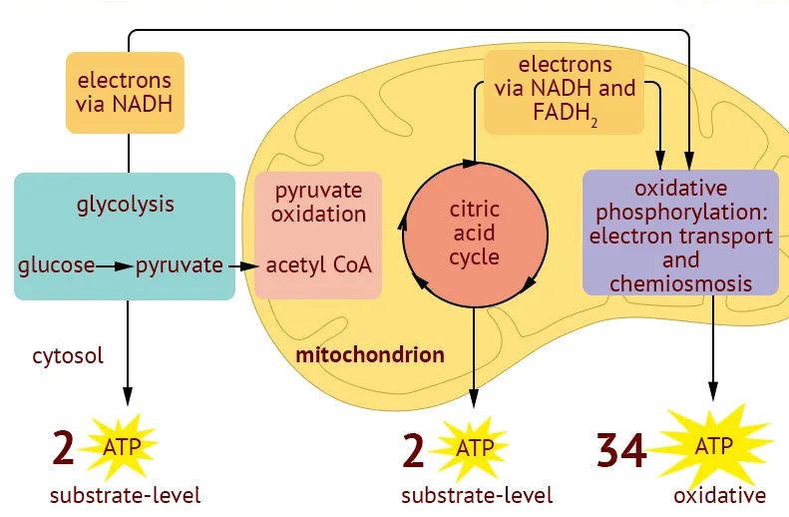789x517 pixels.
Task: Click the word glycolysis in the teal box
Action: pos(125,205)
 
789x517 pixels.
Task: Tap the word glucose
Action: pos(56,265)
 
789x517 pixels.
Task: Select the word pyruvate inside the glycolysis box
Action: pos(180,265)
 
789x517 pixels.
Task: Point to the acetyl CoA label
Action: pos(318,265)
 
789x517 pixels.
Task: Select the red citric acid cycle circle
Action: pos(475,233)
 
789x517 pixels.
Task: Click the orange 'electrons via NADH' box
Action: pos(125,92)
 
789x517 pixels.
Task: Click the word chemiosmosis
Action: pos(680,283)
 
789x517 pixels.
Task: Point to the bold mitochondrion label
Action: pos(370,354)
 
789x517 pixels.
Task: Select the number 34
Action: pos(621,450)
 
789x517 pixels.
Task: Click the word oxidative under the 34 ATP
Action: pos(719,495)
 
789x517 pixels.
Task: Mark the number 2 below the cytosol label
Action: pos(63,449)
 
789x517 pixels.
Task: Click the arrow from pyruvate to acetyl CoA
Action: pos(239,265)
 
